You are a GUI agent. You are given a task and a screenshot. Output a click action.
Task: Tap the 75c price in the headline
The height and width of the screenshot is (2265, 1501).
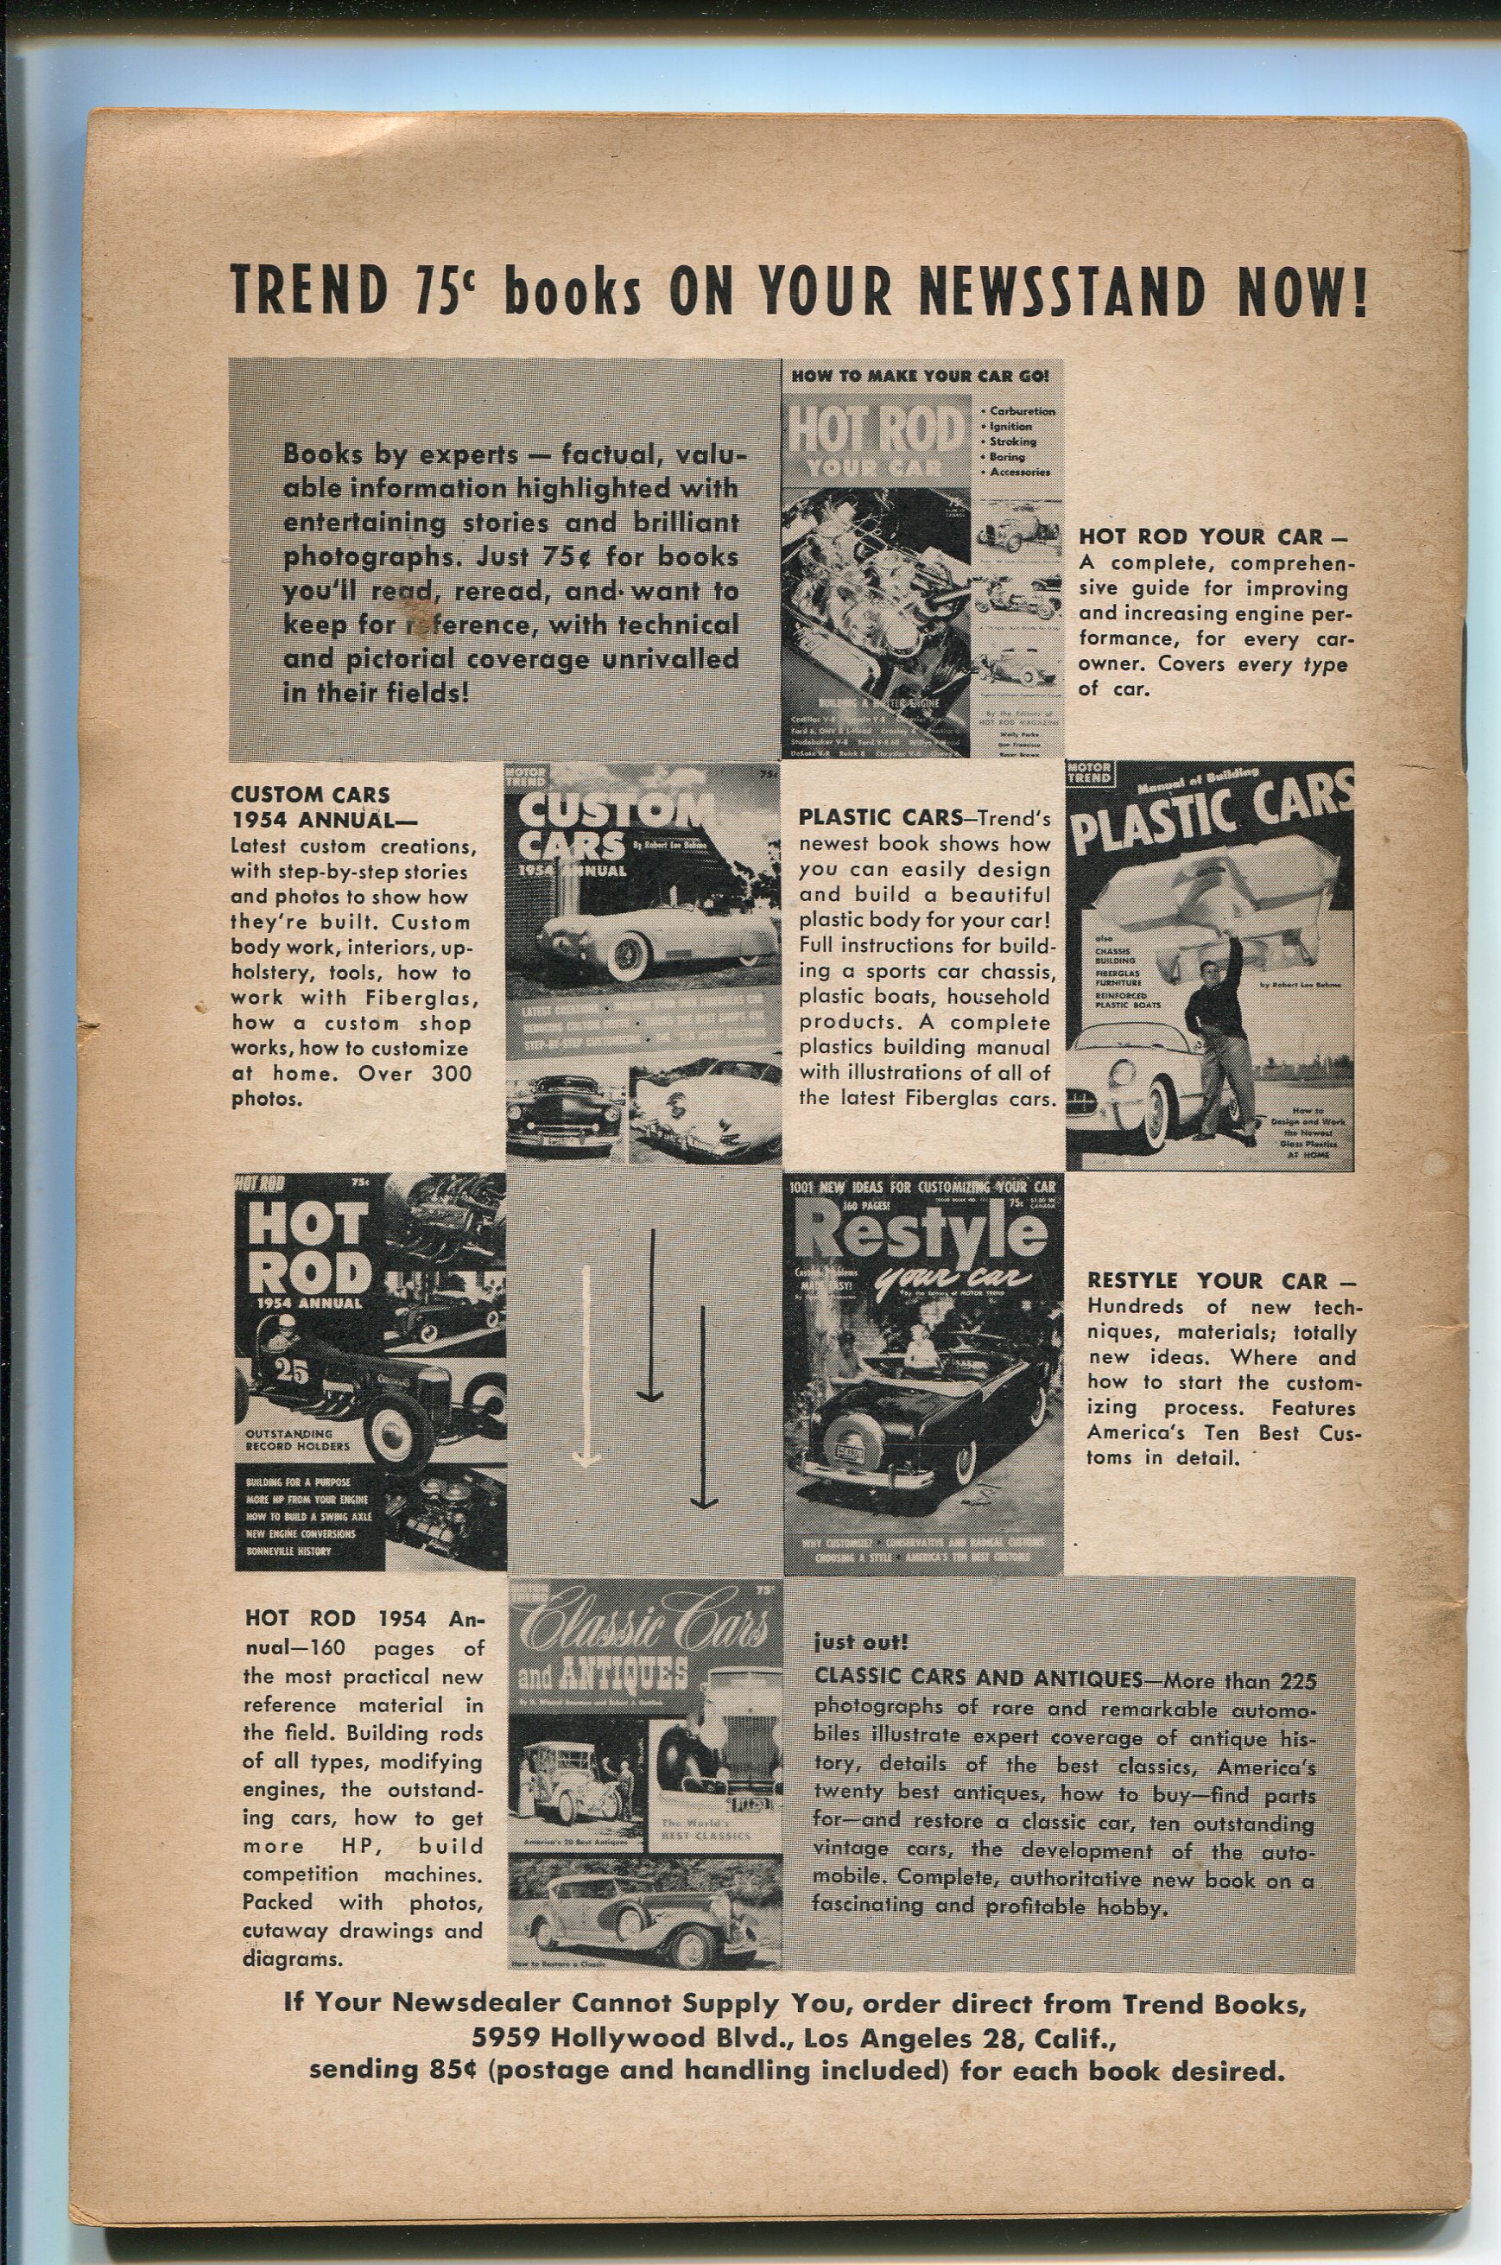coord(444,289)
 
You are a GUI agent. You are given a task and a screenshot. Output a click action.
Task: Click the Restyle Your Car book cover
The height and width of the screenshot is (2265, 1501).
coord(923,1374)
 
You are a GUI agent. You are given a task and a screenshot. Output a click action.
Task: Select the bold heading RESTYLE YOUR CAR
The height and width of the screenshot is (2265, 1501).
coord(1208,1282)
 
